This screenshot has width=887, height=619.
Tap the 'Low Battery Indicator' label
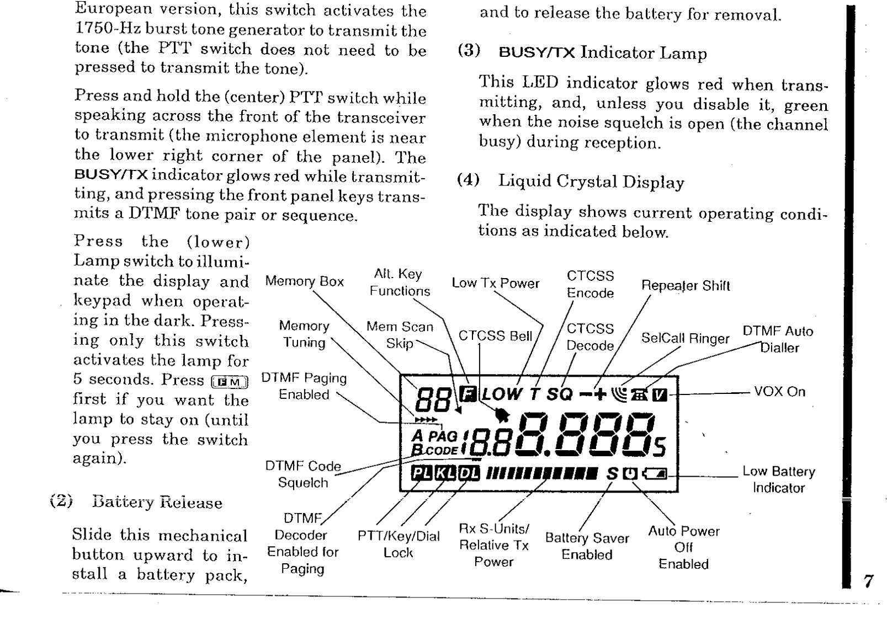(778, 479)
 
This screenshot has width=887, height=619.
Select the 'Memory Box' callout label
(304, 281)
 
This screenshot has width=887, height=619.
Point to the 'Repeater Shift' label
(685, 286)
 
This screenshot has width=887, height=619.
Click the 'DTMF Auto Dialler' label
(778, 339)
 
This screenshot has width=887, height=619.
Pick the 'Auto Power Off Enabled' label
(683, 547)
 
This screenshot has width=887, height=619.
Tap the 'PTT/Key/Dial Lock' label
(399, 545)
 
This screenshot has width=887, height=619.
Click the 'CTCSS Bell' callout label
(495, 336)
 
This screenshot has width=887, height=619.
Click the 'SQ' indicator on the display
(560, 394)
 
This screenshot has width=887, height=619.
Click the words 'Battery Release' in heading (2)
(157, 503)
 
